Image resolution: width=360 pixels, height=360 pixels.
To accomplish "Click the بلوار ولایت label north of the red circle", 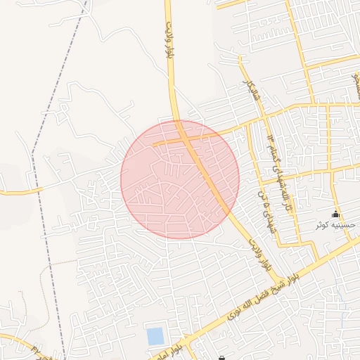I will pyautogui.click(x=169, y=41).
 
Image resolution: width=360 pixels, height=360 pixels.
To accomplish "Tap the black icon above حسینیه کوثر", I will pyautogui.click(x=335, y=214).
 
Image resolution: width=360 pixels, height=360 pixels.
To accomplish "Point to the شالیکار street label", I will pyautogui.click(x=252, y=90).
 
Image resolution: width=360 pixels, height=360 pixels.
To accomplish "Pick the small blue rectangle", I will pyautogui.click(x=155, y=336).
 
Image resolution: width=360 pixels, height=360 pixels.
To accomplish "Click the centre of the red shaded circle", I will pyautogui.click(x=180, y=179).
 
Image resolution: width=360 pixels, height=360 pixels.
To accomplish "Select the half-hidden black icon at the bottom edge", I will pyautogui.click(x=222, y=358).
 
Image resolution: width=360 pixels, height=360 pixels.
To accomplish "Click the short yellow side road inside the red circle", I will pyautogui.click(x=169, y=142).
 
